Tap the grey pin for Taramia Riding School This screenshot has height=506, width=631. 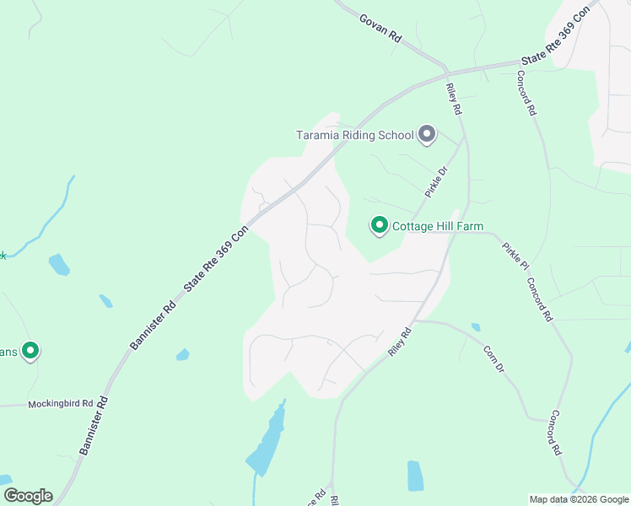[427, 135]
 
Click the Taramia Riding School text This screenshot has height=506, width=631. [354, 135]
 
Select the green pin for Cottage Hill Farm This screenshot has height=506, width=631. [380, 225]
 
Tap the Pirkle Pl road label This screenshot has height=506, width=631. [515, 256]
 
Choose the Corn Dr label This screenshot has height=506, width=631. [493, 360]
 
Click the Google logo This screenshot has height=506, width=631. [28, 496]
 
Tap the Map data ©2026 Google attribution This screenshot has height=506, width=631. [579, 499]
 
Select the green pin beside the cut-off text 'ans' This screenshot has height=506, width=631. [30, 350]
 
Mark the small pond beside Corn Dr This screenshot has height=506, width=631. [476, 327]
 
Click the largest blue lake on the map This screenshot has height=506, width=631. [268, 441]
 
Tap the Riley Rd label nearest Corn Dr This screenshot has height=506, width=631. [400, 342]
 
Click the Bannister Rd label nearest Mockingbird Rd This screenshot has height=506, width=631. [95, 427]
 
